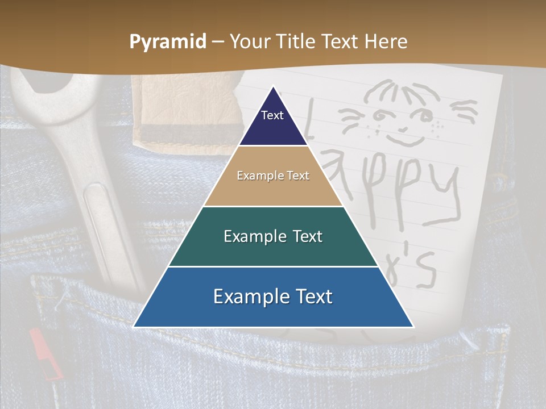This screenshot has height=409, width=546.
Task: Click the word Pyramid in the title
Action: [x=168, y=42]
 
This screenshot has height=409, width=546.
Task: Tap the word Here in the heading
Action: [x=386, y=42]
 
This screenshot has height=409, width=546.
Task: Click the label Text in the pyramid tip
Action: [x=272, y=115]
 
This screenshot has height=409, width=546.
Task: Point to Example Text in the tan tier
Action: [x=273, y=176]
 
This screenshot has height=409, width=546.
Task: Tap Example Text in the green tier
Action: [x=273, y=236]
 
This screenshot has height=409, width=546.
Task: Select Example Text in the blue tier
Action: [x=273, y=297]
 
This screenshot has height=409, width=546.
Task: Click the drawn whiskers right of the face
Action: [x=464, y=111]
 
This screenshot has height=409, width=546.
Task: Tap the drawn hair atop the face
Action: [x=404, y=91]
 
